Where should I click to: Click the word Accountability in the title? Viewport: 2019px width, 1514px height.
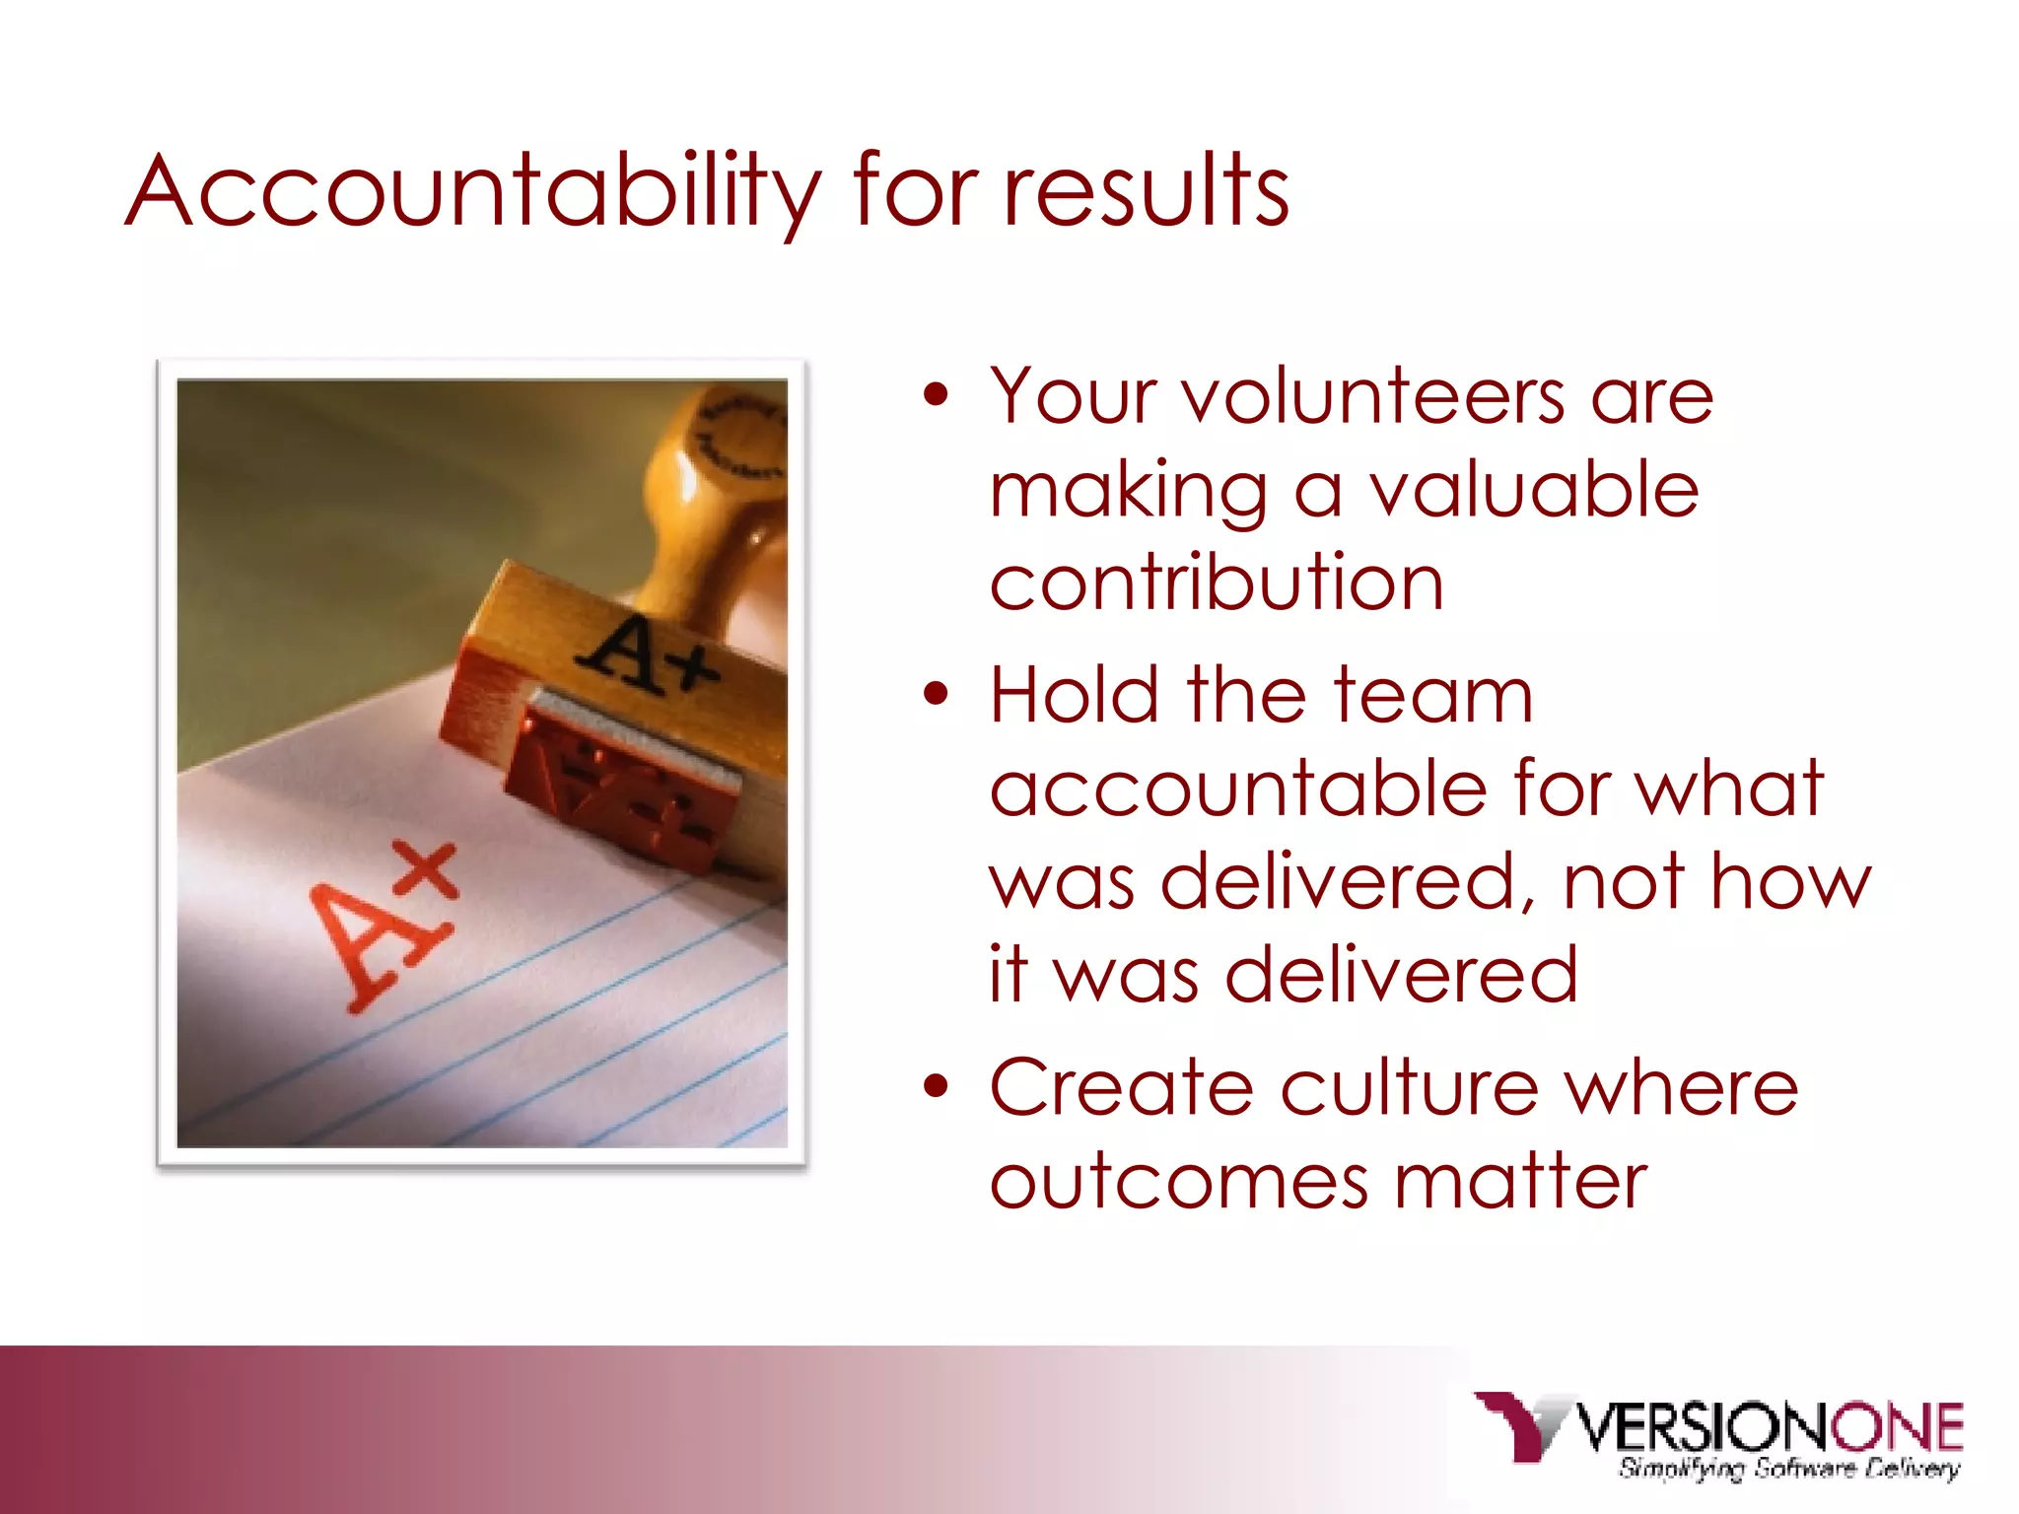[473, 191]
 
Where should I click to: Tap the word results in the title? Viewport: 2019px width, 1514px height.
[1146, 191]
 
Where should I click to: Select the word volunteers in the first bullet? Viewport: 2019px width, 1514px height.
[1374, 397]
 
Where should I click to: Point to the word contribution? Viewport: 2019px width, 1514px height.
[1217, 583]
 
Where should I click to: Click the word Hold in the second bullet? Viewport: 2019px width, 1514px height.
[1074, 695]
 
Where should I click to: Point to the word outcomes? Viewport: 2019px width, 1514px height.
[1179, 1181]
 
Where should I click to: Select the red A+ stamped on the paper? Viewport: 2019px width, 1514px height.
[385, 928]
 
